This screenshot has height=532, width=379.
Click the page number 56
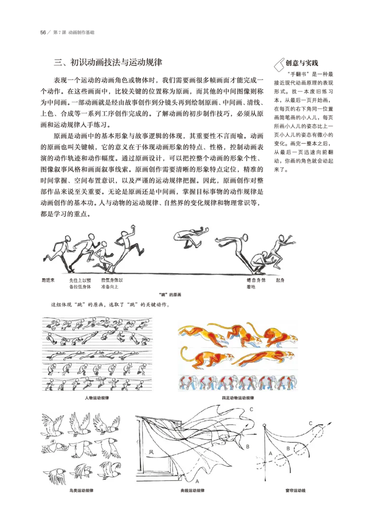click(x=43, y=33)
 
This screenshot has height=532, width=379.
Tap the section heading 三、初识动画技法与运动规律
click(x=108, y=63)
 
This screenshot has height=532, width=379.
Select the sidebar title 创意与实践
click(x=302, y=63)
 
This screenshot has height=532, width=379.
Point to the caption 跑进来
click(x=48, y=280)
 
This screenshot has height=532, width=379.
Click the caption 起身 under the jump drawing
click(x=280, y=280)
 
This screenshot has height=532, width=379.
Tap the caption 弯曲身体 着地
click(x=256, y=283)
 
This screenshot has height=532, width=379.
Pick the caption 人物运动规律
click(x=97, y=398)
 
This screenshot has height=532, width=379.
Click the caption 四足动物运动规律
click(x=238, y=398)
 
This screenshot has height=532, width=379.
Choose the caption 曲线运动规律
click(x=192, y=490)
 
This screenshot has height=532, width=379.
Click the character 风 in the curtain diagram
click(x=151, y=452)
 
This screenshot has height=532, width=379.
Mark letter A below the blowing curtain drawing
click(x=197, y=481)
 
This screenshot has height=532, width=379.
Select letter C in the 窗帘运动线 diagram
click(x=310, y=423)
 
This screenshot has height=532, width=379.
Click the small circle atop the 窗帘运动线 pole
click(x=264, y=425)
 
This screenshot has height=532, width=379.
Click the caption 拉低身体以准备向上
click(x=112, y=283)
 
